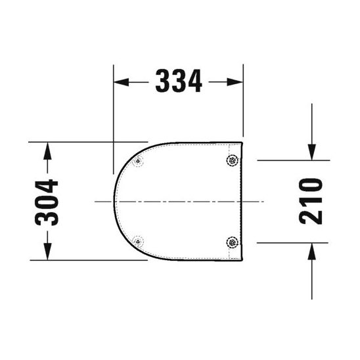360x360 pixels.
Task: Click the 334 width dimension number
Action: pyautogui.click(x=179, y=81)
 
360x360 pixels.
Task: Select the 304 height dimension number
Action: pyautogui.click(x=47, y=202)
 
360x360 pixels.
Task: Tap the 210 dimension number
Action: pyautogui.click(x=311, y=200)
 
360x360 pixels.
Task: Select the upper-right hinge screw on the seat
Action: pyautogui.click(x=232, y=160)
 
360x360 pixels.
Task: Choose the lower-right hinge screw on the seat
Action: pyautogui.click(x=232, y=242)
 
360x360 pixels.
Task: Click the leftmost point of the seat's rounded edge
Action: pyautogui.click(x=114, y=200)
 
